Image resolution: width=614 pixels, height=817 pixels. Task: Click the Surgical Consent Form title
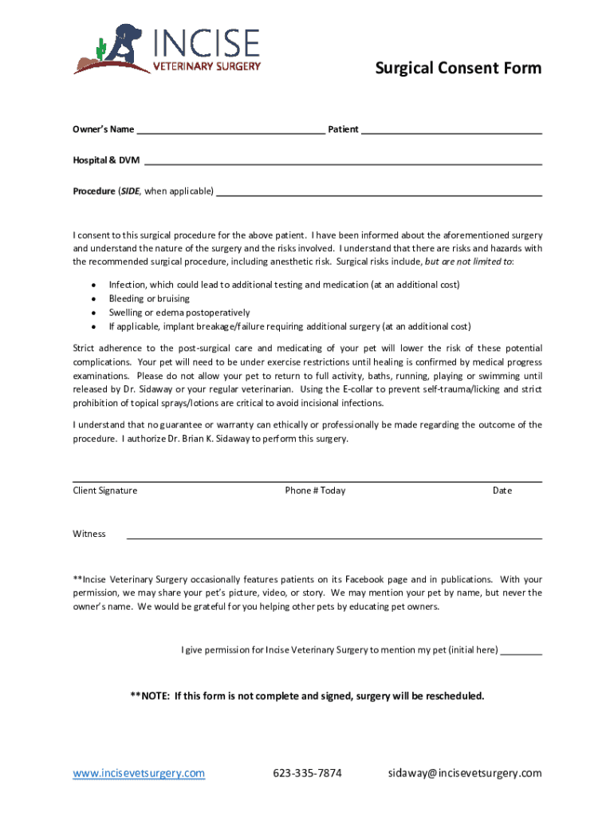click(x=459, y=69)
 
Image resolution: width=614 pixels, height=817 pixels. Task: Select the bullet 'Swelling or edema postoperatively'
click(x=179, y=313)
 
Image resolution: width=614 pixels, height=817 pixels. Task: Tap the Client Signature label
click(x=105, y=491)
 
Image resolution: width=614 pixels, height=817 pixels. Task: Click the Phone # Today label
click(x=315, y=491)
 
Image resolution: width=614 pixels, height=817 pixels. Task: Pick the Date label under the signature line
click(x=502, y=491)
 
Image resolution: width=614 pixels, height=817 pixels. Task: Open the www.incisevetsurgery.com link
click(x=139, y=773)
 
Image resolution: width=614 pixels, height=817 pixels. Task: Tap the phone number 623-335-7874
click(x=307, y=773)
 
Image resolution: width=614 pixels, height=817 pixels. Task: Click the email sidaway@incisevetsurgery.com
click(x=465, y=773)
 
